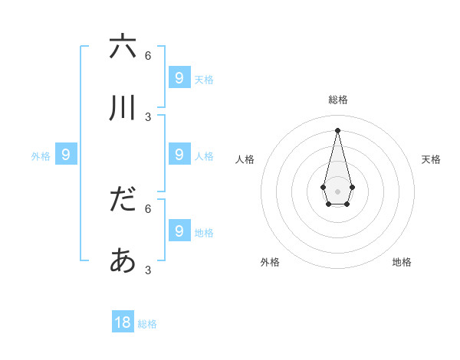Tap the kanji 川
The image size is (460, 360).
click(x=123, y=108)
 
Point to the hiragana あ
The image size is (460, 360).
click(x=123, y=261)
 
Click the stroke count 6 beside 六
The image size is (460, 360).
click(x=148, y=56)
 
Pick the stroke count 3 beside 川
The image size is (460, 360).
click(x=148, y=117)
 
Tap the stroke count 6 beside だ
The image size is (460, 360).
click(x=148, y=208)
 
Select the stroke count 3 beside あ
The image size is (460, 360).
click(x=148, y=270)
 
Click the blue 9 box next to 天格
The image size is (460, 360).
click(x=179, y=77)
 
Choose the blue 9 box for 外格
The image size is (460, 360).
click(x=66, y=155)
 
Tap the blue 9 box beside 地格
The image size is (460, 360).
click(x=179, y=231)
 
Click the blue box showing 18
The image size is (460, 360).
click(x=123, y=322)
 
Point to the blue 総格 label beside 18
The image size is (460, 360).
click(x=147, y=324)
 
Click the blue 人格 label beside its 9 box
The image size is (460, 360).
click(x=204, y=156)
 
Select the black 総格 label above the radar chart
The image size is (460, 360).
click(x=338, y=100)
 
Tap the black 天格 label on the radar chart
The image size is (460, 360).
click(x=431, y=159)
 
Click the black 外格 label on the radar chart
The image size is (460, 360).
click(x=270, y=262)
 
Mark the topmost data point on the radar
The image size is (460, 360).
click(x=338, y=130)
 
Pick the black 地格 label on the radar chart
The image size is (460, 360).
click(x=402, y=262)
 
